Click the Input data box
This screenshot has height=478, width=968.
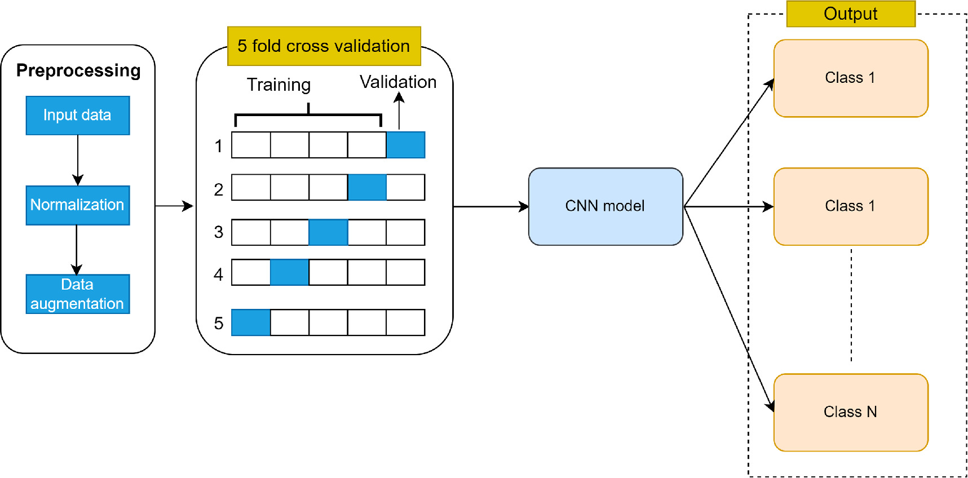point(77,115)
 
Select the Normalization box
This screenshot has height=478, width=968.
point(77,205)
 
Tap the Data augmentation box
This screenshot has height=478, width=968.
point(77,294)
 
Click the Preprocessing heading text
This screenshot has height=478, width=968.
point(78,70)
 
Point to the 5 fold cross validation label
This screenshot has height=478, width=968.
point(324,46)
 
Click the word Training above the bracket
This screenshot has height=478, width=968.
point(279,85)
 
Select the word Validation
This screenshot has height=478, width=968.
point(398,82)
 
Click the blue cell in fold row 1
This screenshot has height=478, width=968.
point(405,145)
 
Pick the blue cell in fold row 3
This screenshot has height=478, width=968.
point(328,232)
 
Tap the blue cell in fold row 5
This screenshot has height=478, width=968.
point(251,322)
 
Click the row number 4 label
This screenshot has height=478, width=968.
point(218,275)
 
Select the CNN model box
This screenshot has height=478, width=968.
point(605,206)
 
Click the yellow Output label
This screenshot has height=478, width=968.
point(850,14)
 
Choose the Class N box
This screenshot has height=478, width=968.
point(850,412)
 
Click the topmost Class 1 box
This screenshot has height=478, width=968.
point(850,78)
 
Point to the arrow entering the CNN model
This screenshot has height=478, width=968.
point(490,207)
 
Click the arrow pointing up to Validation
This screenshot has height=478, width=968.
point(399,111)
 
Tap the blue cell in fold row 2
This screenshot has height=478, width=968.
point(367,187)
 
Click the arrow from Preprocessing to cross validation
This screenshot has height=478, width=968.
point(174,206)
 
